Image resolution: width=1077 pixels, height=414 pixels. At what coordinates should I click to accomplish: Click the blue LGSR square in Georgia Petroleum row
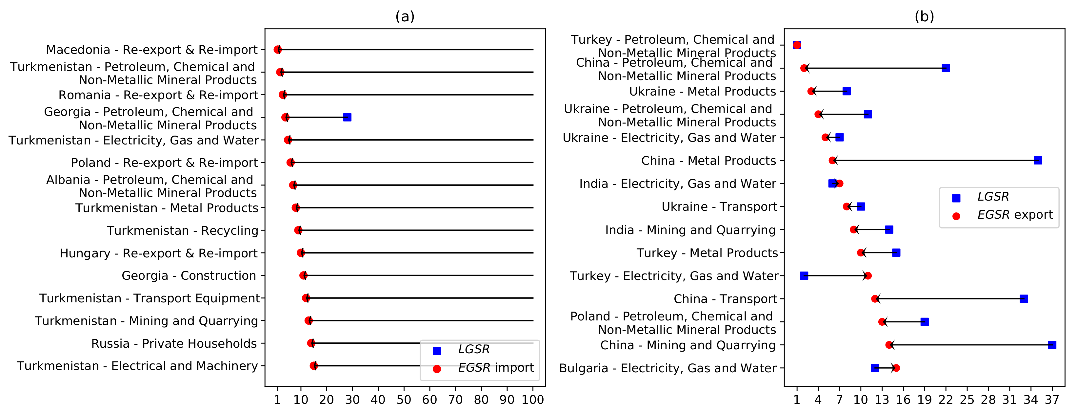pyautogui.click(x=347, y=117)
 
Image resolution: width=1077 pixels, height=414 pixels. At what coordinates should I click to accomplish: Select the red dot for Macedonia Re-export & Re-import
pyautogui.click(x=277, y=50)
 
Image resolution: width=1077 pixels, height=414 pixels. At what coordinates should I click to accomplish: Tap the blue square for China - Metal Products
pyautogui.click(x=1038, y=160)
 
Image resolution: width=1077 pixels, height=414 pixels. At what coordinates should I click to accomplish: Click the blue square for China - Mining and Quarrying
pyautogui.click(x=1052, y=345)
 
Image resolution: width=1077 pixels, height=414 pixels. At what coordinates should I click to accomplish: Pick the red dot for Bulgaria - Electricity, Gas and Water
pyautogui.click(x=896, y=368)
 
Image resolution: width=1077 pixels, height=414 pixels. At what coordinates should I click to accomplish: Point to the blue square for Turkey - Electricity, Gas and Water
pyautogui.click(x=804, y=275)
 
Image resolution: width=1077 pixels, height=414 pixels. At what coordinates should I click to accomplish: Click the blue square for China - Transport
pyautogui.click(x=1024, y=298)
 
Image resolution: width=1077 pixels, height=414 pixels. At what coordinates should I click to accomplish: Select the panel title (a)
pyautogui.click(x=405, y=17)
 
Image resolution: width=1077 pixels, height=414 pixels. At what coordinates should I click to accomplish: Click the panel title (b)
pyautogui.click(x=924, y=17)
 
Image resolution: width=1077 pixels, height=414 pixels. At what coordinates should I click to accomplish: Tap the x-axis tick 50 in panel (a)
pyautogui.click(x=404, y=400)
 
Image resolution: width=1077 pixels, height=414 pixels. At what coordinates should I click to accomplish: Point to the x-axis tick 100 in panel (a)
pyautogui.click(x=533, y=400)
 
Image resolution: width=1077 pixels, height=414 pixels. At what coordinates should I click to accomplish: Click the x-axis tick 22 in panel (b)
pyautogui.click(x=945, y=400)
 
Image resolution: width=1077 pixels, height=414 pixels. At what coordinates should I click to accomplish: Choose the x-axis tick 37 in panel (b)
pyautogui.click(x=1052, y=400)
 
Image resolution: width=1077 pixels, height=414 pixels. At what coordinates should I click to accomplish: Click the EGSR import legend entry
pyautogui.click(x=495, y=367)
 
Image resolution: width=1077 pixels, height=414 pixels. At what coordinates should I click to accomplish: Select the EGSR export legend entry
pyautogui.click(x=1015, y=215)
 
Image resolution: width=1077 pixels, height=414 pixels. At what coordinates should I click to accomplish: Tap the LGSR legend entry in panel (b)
pyautogui.click(x=992, y=197)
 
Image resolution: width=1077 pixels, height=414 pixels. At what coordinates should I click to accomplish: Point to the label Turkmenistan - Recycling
pyautogui.click(x=182, y=231)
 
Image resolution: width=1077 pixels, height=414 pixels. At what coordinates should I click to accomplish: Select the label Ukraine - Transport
pyautogui.click(x=719, y=207)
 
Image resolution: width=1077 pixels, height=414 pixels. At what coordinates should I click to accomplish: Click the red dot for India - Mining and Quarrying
pyautogui.click(x=853, y=229)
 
